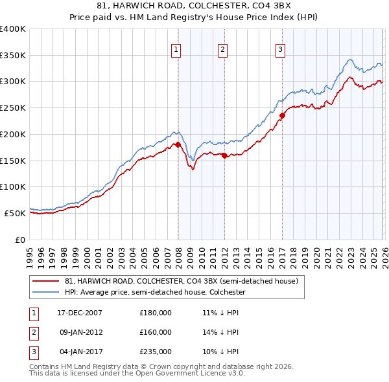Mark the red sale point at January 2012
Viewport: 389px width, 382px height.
[224, 155]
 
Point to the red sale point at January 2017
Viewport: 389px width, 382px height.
[282, 116]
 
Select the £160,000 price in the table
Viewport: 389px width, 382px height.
[156, 332]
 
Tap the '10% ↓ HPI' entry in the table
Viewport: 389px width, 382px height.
[221, 352]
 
